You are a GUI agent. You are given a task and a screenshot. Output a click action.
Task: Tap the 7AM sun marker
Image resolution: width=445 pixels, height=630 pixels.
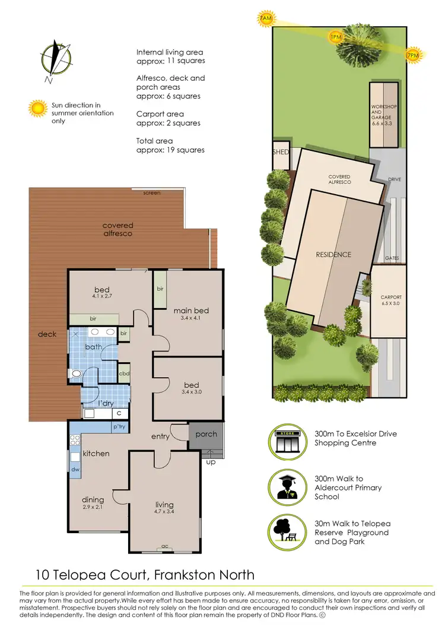click(x=266, y=20)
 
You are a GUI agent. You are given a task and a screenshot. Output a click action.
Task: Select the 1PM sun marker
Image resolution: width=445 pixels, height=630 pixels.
click(x=336, y=37)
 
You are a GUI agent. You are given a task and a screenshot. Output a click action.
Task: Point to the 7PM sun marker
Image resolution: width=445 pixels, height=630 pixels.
click(x=412, y=55)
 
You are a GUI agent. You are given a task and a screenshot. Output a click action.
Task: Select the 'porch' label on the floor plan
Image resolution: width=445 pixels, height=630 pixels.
click(x=206, y=434)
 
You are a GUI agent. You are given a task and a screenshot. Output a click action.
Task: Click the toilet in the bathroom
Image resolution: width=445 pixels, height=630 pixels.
click(x=77, y=373)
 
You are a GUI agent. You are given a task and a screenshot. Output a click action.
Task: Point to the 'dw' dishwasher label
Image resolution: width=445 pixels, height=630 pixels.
click(x=76, y=468)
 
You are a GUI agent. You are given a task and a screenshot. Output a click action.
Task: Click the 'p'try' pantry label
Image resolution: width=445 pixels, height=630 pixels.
click(x=119, y=427)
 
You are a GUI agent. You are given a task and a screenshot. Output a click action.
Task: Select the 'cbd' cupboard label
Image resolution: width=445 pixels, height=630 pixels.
click(x=124, y=373)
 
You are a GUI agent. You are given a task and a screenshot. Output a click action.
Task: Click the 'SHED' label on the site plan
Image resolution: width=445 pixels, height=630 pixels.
click(x=281, y=152)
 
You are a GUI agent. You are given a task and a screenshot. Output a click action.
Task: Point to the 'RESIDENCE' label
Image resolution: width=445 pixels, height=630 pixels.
click(x=333, y=255)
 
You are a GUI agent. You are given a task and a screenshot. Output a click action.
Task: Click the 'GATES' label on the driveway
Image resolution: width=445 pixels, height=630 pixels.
click(x=392, y=258)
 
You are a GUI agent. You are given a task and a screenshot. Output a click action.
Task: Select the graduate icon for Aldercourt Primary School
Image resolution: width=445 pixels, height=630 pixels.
click(x=287, y=487)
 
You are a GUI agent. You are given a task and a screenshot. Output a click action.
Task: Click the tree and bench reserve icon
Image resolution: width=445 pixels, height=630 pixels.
click(x=287, y=533)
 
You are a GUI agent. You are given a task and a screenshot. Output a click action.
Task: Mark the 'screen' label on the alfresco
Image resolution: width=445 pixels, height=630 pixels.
click(x=152, y=193)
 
